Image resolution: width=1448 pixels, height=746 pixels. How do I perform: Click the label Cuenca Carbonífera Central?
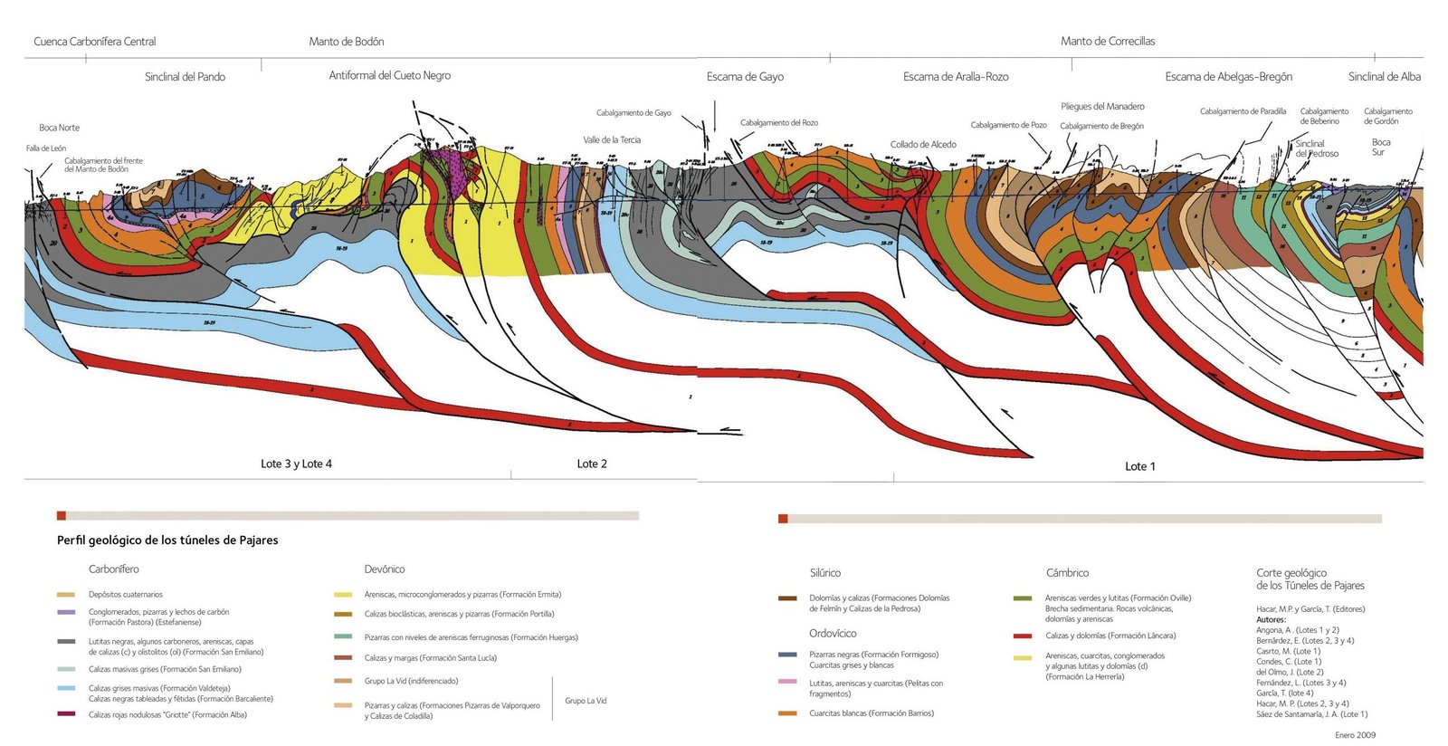pyautogui.click(x=94, y=42)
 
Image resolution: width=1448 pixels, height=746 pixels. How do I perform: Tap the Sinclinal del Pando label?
pyautogui.click(x=185, y=77)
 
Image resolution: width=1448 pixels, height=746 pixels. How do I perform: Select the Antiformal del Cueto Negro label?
pyautogui.click(x=389, y=75)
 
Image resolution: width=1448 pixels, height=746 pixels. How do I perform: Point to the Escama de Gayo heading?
pyautogui.click(x=745, y=77)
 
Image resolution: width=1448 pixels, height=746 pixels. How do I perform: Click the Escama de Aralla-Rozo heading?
pyautogui.click(x=955, y=77)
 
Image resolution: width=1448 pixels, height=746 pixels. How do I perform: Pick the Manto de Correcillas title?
pyautogui.click(x=1107, y=42)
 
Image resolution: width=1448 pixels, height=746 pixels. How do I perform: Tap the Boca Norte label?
pyautogui.click(x=59, y=128)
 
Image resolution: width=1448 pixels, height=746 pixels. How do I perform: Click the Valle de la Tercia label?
pyautogui.click(x=612, y=140)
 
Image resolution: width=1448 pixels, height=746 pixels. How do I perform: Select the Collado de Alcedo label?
pyautogui.click(x=922, y=145)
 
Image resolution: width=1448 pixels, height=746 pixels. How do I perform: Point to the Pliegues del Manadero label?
pyautogui.click(x=1102, y=107)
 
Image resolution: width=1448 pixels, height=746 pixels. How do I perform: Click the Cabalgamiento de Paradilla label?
pyautogui.click(x=1243, y=111)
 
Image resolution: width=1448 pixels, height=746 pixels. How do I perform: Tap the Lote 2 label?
pyautogui.click(x=592, y=464)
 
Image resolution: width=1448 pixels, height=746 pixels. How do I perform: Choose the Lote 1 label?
pyautogui.click(x=1139, y=466)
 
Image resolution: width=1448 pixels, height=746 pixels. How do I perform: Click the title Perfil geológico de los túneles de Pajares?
pyautogui.click(x=167, y=540)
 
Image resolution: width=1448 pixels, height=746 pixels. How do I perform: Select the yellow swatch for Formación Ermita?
pyautogui.click(x=343, y=595)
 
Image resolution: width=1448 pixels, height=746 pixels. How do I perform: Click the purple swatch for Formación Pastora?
pyautogui.click(x=66, y=613)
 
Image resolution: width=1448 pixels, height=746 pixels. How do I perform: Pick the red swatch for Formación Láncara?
pyautogui.click(x=1023, y=636)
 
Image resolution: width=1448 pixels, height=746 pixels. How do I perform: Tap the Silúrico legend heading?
pyautogui.click(x=824, y=573)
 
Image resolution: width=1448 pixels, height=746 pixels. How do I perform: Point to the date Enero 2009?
pyautogui.click(x=1355, y=735)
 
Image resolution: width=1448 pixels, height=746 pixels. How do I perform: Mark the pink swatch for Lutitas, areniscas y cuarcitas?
pyautogui.click(x=787, y=682)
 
